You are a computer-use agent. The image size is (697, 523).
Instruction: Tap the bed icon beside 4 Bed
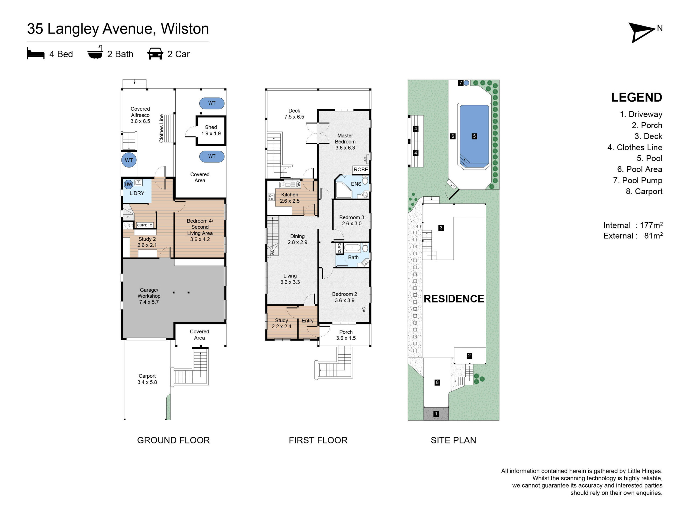tap(36, 53)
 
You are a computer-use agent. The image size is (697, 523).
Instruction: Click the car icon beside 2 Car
tap(155, 54)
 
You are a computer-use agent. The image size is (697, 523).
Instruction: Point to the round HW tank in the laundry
tap(129, 184)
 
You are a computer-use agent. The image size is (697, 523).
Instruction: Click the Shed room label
tap(211, 127)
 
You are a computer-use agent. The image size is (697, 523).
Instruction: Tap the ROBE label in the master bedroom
tap(361, 170)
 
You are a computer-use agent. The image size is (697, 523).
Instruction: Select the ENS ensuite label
tap(356, 184)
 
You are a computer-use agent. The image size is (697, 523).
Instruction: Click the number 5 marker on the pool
tap(474, 136)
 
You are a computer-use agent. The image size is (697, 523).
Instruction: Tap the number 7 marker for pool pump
tap(461, 83)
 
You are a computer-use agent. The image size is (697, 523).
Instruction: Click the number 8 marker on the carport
tap(437, 382)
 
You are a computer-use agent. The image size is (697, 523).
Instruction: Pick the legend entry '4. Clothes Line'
tap(635, 147)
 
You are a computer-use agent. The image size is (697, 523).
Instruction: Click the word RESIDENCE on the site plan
tap(454, 299)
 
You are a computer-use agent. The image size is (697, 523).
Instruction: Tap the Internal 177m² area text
tap(633, 225)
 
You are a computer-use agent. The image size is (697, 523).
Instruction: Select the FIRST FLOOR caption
tap(318, 440)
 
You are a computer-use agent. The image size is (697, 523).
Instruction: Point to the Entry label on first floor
tap(308, 321)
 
